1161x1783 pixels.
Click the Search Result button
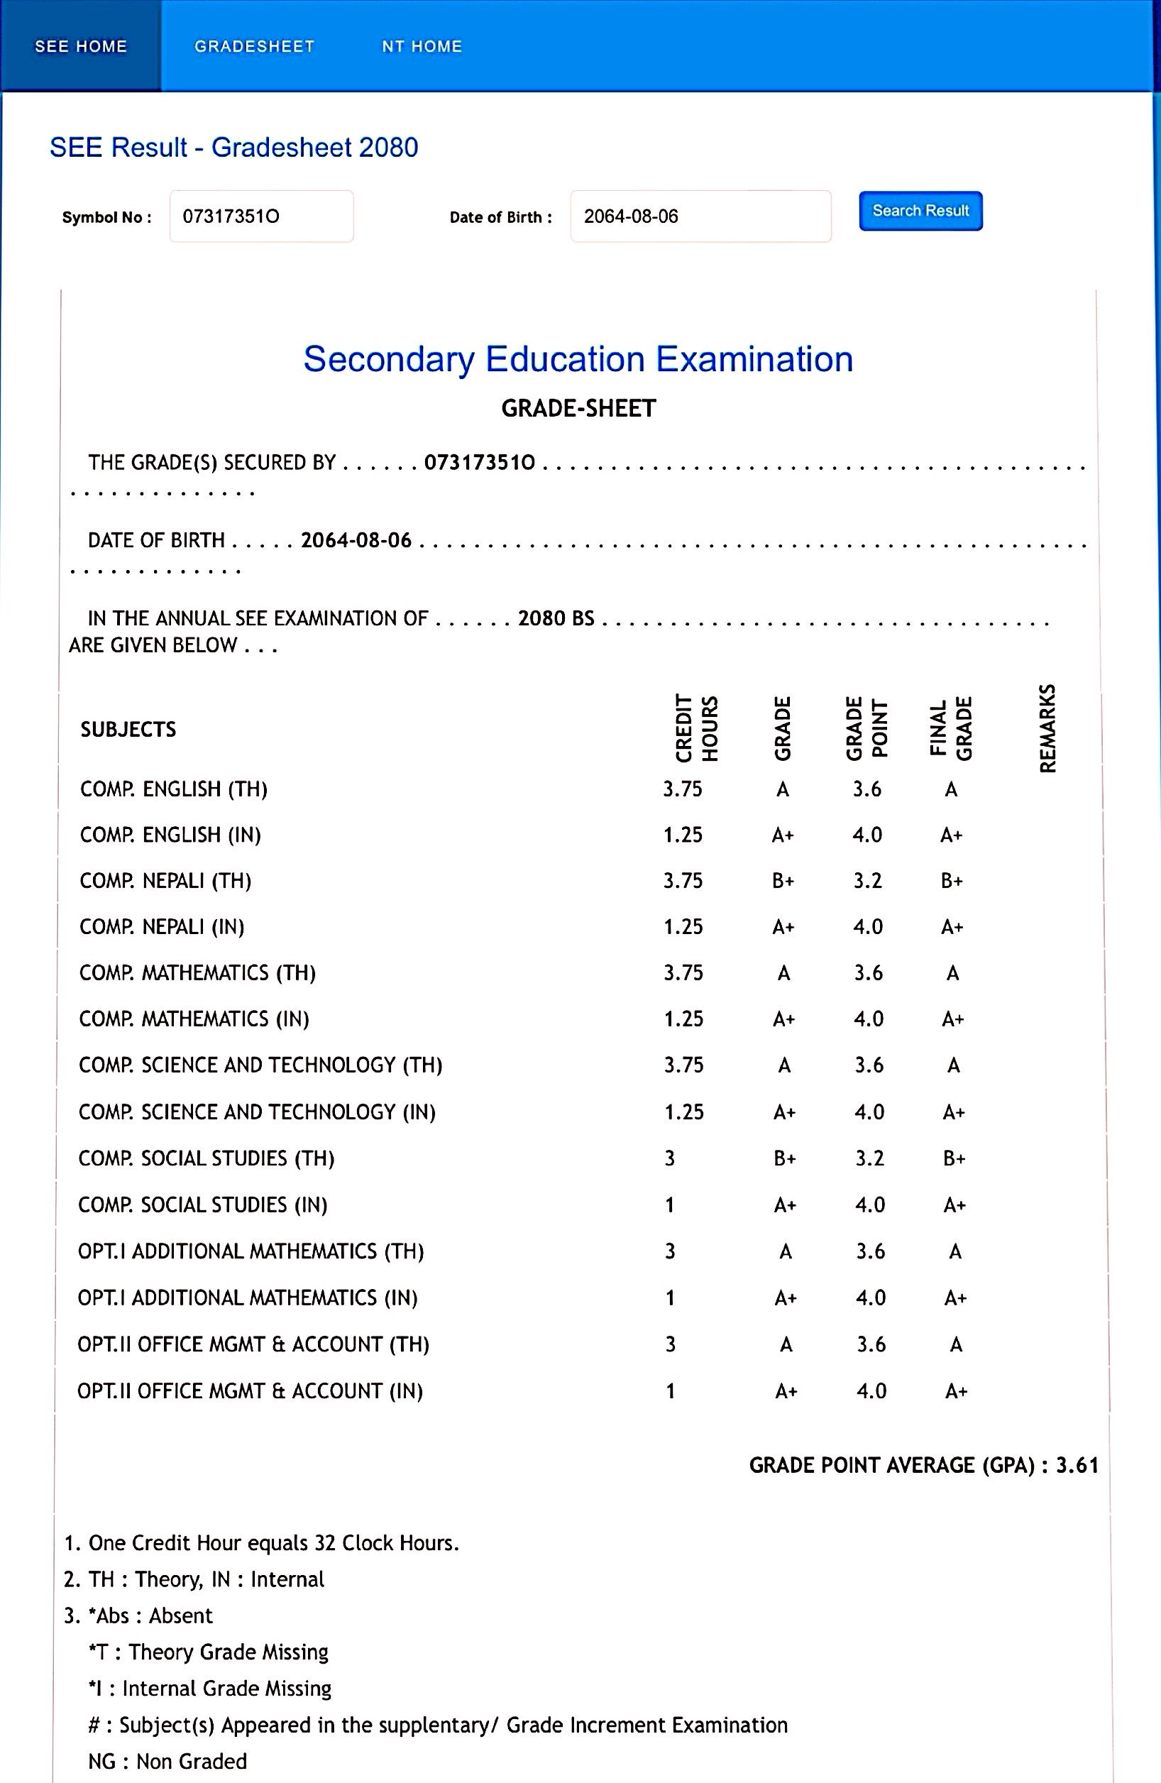(920, 212)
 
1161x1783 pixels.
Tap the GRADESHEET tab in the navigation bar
(254, 46)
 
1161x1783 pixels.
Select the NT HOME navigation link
(422, 46)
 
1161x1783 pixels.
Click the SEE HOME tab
(81, 46)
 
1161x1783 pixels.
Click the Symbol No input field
(261, 216)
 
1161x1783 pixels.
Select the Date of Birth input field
(700, 216)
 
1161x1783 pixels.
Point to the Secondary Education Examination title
(578, 360)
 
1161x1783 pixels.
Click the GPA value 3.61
(1077, 1465)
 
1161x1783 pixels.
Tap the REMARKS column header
(1047, 728)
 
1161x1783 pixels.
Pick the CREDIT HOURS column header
(697, 729)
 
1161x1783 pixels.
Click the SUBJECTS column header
(128, 730)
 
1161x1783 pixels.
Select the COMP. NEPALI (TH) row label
(165, 881)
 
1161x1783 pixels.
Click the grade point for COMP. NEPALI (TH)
(868, 881)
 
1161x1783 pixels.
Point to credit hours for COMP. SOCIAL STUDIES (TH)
(670, 1159)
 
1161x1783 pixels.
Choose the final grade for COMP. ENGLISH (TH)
(950, 789)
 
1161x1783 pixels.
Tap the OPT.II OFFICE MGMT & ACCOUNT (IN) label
(251, 1391)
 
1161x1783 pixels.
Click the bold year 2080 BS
(556, 619)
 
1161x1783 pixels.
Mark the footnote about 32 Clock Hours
(261, 1543)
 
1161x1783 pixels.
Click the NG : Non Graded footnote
(167, 1761)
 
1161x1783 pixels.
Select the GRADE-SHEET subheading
(578, 409)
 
